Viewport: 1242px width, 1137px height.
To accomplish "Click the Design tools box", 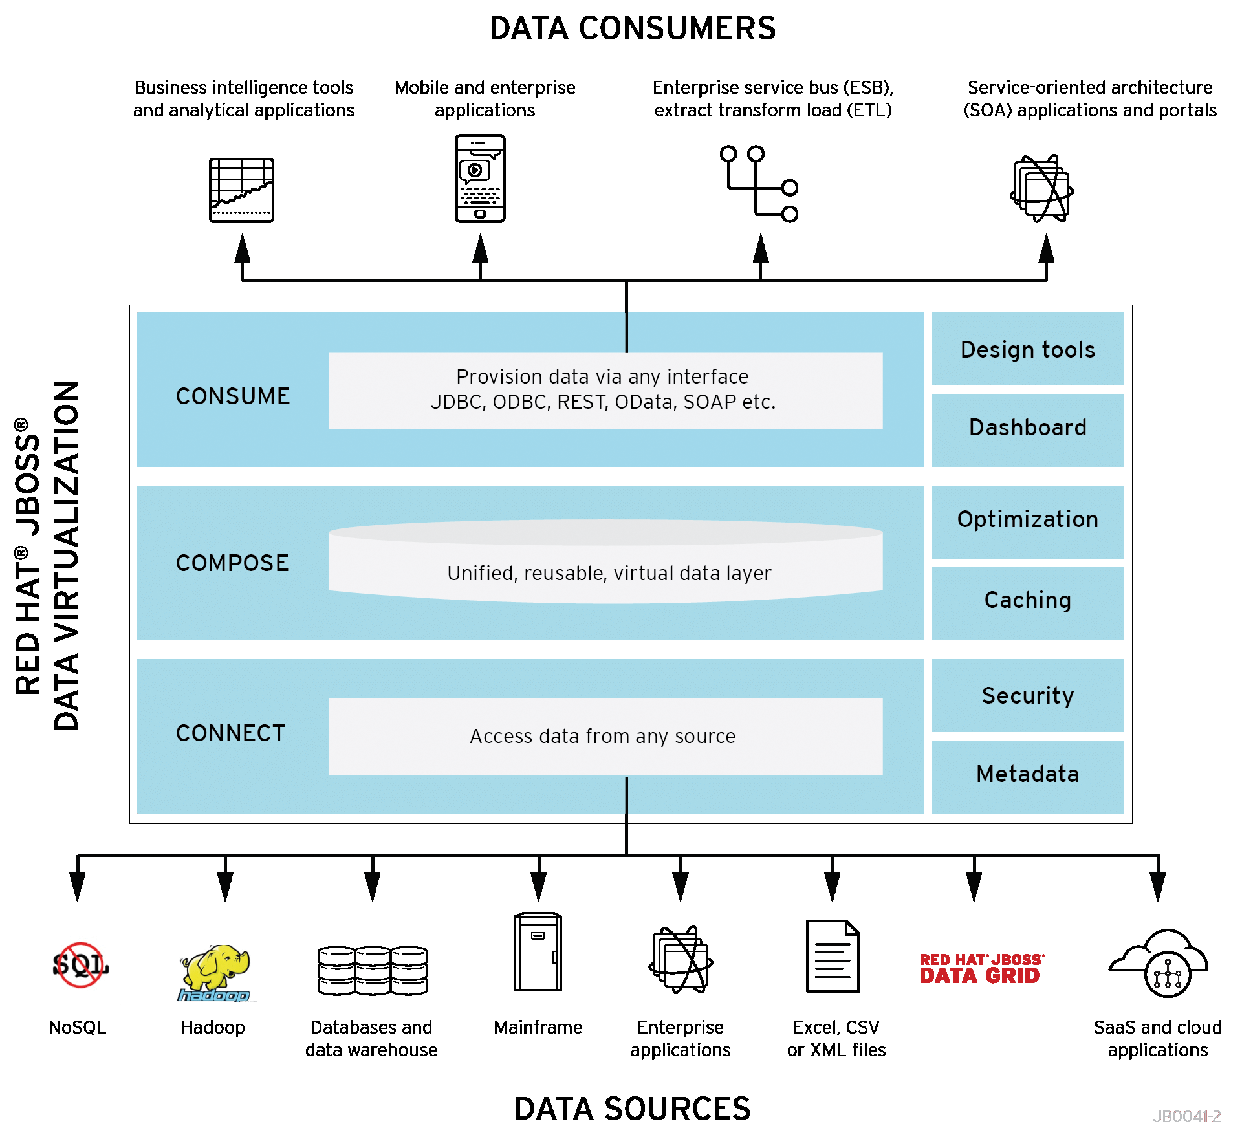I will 1027,349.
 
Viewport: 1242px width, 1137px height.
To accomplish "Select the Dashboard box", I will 1027,428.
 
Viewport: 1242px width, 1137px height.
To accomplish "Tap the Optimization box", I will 1027,521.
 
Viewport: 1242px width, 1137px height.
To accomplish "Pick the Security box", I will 1027,696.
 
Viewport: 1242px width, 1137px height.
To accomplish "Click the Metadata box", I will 1027,775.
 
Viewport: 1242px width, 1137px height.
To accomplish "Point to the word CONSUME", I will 233,396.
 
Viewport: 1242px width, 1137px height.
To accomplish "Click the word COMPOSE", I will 232,563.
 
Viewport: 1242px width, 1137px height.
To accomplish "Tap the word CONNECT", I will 230,733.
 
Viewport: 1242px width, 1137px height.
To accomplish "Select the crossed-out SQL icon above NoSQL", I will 80,965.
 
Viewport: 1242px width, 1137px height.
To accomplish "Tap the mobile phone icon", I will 480,179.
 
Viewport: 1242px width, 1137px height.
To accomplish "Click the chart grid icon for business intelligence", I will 241,190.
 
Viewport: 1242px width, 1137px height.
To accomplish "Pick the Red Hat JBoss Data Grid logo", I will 981,969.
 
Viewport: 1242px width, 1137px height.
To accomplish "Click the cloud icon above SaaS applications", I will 1159,964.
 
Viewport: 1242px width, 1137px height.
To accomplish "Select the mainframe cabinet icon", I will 538,953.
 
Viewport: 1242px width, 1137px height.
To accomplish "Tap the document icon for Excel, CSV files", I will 833,956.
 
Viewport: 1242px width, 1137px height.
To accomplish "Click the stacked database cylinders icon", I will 373,970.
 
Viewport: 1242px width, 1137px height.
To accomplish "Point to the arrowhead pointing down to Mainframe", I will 538,887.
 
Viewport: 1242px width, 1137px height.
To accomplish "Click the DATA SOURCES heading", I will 632,1109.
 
